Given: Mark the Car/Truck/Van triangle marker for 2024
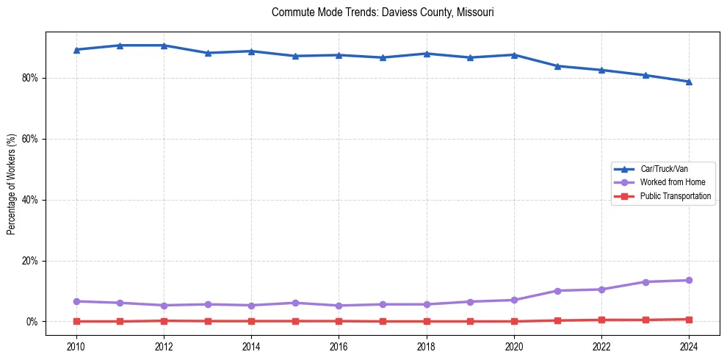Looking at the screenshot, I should click(x=689, y=82).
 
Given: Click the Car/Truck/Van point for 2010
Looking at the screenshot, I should click(x=76, y=50).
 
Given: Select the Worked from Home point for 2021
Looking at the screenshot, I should click(x=557, y=291).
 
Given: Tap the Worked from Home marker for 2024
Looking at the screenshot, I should click(x=689, y=280).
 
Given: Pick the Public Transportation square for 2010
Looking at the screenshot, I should click(x=76, y=321).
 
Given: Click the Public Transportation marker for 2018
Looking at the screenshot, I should click(x=426, y=321).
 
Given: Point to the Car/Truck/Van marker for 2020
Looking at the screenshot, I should click(x=514, y=55).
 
